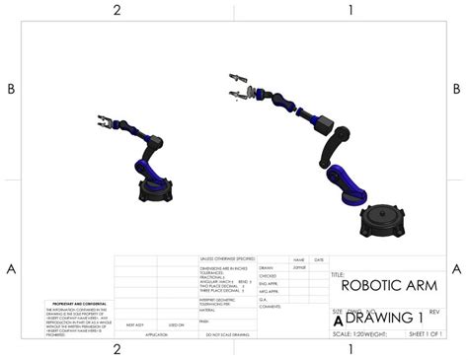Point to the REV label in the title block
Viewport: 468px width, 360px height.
click(433, 311)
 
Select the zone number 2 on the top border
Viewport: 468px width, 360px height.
click(117, 11)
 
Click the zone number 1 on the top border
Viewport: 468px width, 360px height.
click(351, 11)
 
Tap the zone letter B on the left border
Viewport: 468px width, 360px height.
click(11, 89)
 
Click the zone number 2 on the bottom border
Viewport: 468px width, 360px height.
click(117, 348)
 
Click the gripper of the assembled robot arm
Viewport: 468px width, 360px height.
click(102, 122)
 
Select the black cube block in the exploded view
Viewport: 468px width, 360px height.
click(323, 125)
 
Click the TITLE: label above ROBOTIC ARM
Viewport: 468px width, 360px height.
click(337, 274)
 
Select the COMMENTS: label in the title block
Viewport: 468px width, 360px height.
click(270, 307)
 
